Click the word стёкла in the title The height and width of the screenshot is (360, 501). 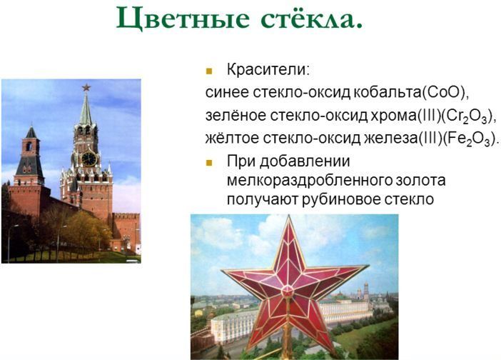click(x=312, y=19)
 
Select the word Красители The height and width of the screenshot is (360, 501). click(x=268, y=69)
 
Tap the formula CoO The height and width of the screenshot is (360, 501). click(x=445, y=92)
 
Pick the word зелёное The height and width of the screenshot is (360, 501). click(x=236, y=115)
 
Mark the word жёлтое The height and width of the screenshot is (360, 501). click(x=232, y=138)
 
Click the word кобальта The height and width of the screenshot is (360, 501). click(x=388, y=92)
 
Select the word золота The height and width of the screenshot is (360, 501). click(x=421, y=180)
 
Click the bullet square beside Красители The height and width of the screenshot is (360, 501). click(x=209, y=71)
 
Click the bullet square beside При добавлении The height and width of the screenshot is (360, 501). click(x=209, y=163)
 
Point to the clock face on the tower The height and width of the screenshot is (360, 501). click(x=88, y=159)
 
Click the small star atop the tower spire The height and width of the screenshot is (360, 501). click(x=86, y=87)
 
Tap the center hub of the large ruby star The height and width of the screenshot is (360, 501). click(x=287, y=291)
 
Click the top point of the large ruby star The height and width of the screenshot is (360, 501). click(x=289, y=216)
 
